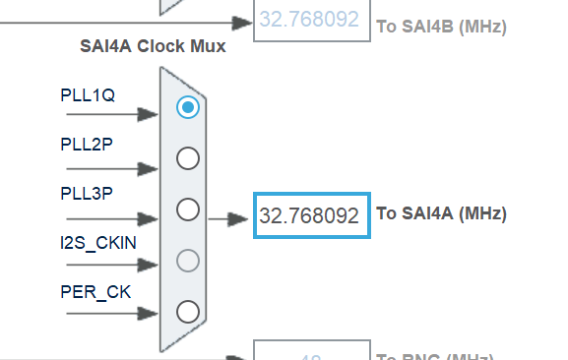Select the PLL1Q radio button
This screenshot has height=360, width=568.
coord(187,107)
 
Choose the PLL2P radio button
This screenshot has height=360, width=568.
coord(187,158)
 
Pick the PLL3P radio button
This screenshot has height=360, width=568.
coord(187,210)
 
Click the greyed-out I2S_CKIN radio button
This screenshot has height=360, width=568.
coord(187,261)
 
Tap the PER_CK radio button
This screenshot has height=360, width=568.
coord(187,312)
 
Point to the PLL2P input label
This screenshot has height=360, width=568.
coord(87,145)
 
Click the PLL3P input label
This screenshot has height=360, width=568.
coord(87,193)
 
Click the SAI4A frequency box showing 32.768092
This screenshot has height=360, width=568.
coord(310,214)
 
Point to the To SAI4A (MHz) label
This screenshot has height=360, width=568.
coord(441,213)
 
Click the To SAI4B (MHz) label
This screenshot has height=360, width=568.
coord(441,27)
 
